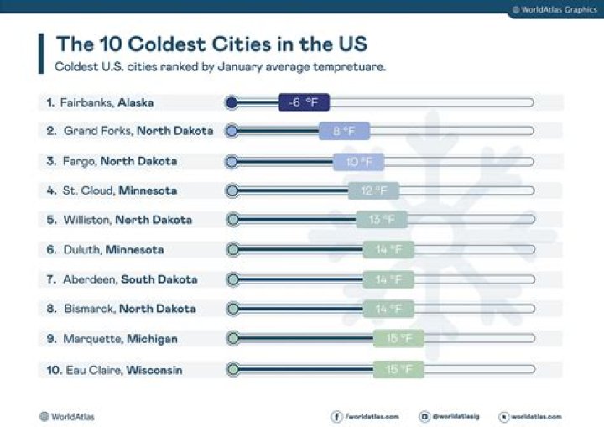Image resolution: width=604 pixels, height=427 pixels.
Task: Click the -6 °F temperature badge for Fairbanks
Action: coord(304,102)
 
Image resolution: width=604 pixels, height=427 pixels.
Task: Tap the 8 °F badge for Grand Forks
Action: coord(344,131)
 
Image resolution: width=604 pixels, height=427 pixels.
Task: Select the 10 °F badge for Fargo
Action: coord(358,161)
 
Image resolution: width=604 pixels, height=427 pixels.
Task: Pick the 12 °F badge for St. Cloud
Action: coord(374,190)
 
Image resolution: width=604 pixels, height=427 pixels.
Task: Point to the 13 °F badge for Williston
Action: coord(382,220)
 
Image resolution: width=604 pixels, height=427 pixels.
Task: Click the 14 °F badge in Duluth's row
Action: coord(388,249)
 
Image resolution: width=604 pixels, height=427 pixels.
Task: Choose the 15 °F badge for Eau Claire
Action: coord(398,369)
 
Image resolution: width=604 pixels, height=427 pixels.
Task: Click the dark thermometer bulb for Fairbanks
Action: coord(232,102)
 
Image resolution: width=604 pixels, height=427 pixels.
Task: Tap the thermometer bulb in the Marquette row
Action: coord(232,339)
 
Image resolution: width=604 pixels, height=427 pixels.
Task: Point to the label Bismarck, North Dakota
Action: coord(121,309)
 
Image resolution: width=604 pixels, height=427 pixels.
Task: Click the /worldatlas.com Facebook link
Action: coord(366,416)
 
